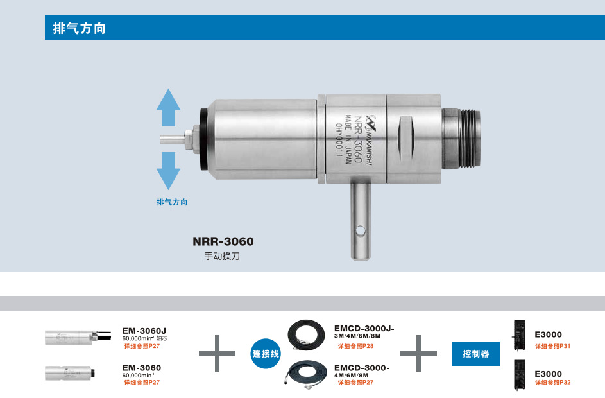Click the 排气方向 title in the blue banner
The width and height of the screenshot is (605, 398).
[x=79, y=28]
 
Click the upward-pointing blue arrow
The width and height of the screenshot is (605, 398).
[x=168, y=107]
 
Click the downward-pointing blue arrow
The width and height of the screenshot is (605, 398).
[x=168, y=171]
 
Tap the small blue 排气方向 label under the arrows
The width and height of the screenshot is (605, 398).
[x=172, y=202]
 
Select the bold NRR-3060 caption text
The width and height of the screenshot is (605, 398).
[x=223, y=241]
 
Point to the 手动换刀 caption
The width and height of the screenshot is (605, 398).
[x=222, y=256]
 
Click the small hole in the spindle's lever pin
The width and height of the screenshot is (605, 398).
[x=361, y=231]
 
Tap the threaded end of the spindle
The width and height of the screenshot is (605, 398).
[x=463, y=139]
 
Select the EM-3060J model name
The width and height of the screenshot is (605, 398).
[x=144, y=331]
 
